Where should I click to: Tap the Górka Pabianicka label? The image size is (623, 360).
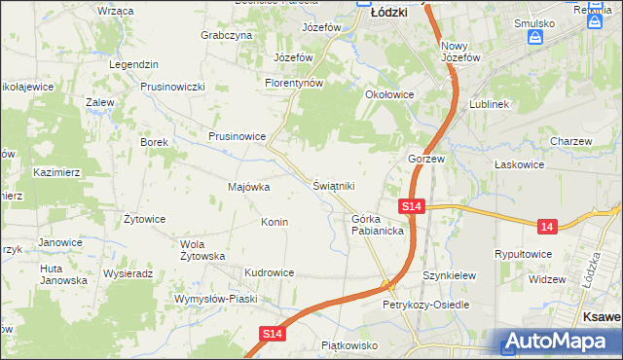click(x=379, y=227)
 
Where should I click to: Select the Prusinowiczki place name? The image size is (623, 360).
click(x=171, y=86)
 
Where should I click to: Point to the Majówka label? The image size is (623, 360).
click(x=248, y=187)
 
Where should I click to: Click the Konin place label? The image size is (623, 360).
click(x=275, y=222)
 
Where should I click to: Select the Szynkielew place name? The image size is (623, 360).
click(x=449, y=275)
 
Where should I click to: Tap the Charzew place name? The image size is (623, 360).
click(x=570, y=141)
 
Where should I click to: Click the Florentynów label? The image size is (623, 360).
click(x=293, y=83)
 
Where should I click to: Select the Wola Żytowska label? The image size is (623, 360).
click(x=203, y=250)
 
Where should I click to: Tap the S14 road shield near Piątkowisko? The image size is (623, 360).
click(x=275, y=334)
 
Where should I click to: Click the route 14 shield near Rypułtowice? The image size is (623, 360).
click(x=548, y=227)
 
